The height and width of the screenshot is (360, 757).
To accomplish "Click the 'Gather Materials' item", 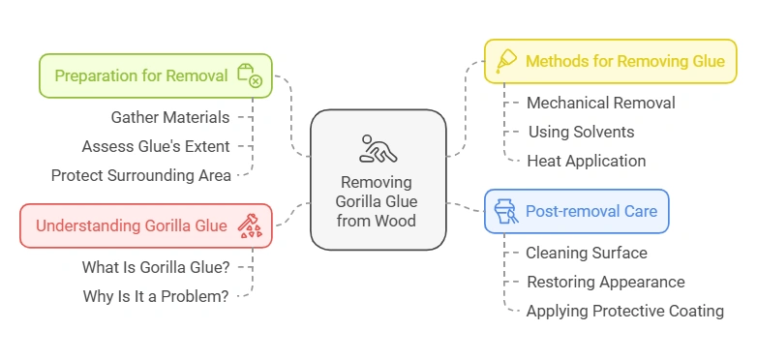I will pyautogui.click(x=170, y=118).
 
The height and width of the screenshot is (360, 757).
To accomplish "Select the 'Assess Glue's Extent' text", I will pyautogui.click(x=156, y=147).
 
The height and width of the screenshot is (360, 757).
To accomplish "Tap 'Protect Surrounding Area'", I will pyautogui.click(x=141, y=175).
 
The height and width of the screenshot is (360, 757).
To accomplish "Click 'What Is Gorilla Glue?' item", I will pyautogui.click(x=156, y=267).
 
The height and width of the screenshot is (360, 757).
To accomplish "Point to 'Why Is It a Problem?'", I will pyautogui.click(x=156, y=296).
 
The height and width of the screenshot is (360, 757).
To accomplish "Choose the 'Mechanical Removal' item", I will pyautogui.click(x=600, y=103).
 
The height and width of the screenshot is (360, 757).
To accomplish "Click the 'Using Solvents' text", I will pyautogui.click(x=581, y=132).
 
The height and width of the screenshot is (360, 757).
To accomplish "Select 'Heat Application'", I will pyautogui.click(x=586, y=161).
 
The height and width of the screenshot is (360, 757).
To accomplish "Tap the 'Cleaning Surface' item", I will pyautogui.click(x=586, y=253).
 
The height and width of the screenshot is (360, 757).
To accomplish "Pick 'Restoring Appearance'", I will pyautogui.click(x=605, y=282).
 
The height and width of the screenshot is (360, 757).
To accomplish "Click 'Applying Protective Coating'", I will pyautogui.click(x=624, y=311).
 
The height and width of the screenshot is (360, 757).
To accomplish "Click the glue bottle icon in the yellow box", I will pyautogui.click(x=505, y=61).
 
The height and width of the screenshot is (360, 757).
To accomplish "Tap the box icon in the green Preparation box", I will pyautogui.click(x=250, y=75).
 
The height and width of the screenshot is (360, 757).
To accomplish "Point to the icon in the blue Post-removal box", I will pyautogui.click(x=505, y=211).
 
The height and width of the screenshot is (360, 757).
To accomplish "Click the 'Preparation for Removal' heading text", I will pyautogui.click(x=141, y=75).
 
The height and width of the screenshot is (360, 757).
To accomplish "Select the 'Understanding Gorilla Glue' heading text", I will pyautogui.click(x=132, y=225).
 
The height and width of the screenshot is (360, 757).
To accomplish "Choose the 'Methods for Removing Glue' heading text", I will pyautogui.click(x=624, y=61).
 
